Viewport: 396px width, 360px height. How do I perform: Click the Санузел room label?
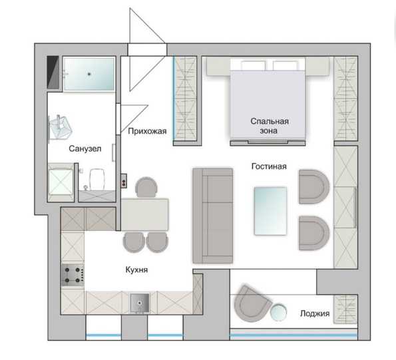pos(85,148)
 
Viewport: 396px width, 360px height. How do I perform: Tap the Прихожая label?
pos(147,131)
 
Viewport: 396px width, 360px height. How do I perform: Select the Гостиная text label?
pos(269,166)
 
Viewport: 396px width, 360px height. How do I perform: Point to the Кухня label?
pos(136,270)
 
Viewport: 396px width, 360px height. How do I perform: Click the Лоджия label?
pos(315,313)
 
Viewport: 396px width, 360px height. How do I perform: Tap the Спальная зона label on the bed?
pos(270,126)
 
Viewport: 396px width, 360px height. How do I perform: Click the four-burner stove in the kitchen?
pos(73,275)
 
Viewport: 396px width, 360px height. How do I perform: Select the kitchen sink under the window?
pos(139,303)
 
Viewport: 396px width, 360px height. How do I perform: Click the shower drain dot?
pos(89,74)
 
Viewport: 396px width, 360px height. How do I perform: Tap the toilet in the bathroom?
pos(97,180)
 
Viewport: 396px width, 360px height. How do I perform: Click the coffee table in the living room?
pos(270,211)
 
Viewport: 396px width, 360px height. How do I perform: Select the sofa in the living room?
pos(213,216)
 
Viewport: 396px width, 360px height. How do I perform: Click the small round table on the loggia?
pos(278,312)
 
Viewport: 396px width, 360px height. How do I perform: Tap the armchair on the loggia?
pos(252,303)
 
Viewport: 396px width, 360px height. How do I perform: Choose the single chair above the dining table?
pos(146,187)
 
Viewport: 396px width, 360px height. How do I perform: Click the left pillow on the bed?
pos(253,65)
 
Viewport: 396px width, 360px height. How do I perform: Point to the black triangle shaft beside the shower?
pos(53,73)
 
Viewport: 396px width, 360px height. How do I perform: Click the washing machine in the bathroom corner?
pos(61,182)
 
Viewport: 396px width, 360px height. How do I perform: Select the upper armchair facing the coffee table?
pos(314,186)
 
